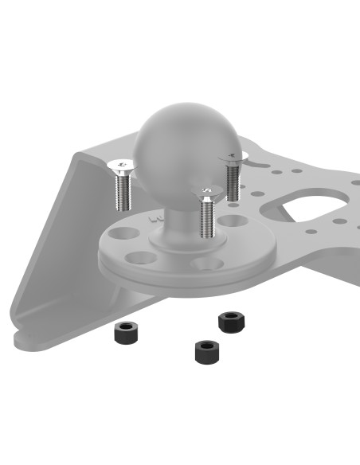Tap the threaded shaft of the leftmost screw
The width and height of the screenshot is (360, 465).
122,191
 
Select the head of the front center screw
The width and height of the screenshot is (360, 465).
208,190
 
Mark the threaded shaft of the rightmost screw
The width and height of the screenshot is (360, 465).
233,181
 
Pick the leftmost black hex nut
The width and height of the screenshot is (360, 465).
126,331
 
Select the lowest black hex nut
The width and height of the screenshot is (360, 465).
207,350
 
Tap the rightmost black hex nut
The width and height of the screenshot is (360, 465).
231,322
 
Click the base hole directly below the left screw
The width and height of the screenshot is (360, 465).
124,236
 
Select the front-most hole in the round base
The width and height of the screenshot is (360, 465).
205,262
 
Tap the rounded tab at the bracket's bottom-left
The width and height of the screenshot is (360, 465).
32,339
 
